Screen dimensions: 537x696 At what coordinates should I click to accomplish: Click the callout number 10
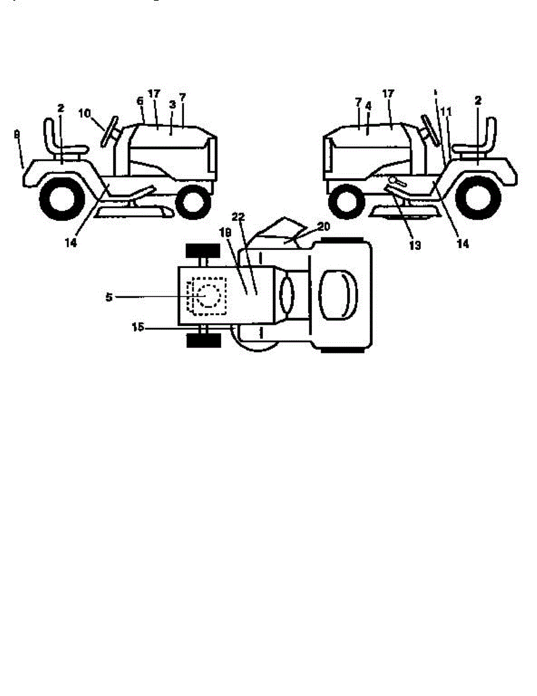tap(84, 113)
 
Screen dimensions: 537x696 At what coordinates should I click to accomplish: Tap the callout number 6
tap(139, 100)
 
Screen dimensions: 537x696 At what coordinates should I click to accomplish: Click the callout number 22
tap(237, 217)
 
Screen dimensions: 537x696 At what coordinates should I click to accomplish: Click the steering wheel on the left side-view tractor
tap(110, 132)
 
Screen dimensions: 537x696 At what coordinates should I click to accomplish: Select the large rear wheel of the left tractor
tap(59, 200)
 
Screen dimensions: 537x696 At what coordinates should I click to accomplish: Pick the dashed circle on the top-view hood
tap(207, 296)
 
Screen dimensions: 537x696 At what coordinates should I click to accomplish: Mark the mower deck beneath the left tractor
tap(133, 212)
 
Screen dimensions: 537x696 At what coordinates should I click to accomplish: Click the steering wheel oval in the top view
tap(287, 295)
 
